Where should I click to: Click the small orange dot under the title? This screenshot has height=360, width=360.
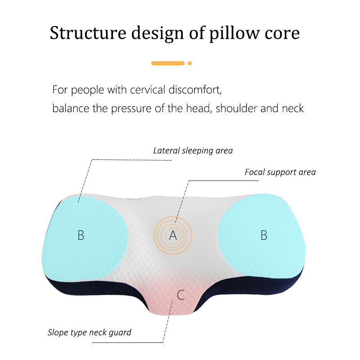coord(190,63)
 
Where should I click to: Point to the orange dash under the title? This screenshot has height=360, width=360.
coord(167,63)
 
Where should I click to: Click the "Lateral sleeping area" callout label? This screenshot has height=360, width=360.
coord(193,150)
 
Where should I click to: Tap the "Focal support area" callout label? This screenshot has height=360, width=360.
coord(280,172)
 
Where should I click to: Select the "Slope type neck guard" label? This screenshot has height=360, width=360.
coord(90,333)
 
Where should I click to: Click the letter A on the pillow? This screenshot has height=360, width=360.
coord(173,235)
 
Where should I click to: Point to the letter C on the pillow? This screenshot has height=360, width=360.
coord(181,295)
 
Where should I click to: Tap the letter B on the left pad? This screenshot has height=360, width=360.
coord(81,235)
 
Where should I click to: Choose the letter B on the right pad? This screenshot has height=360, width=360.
coord(264,235)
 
